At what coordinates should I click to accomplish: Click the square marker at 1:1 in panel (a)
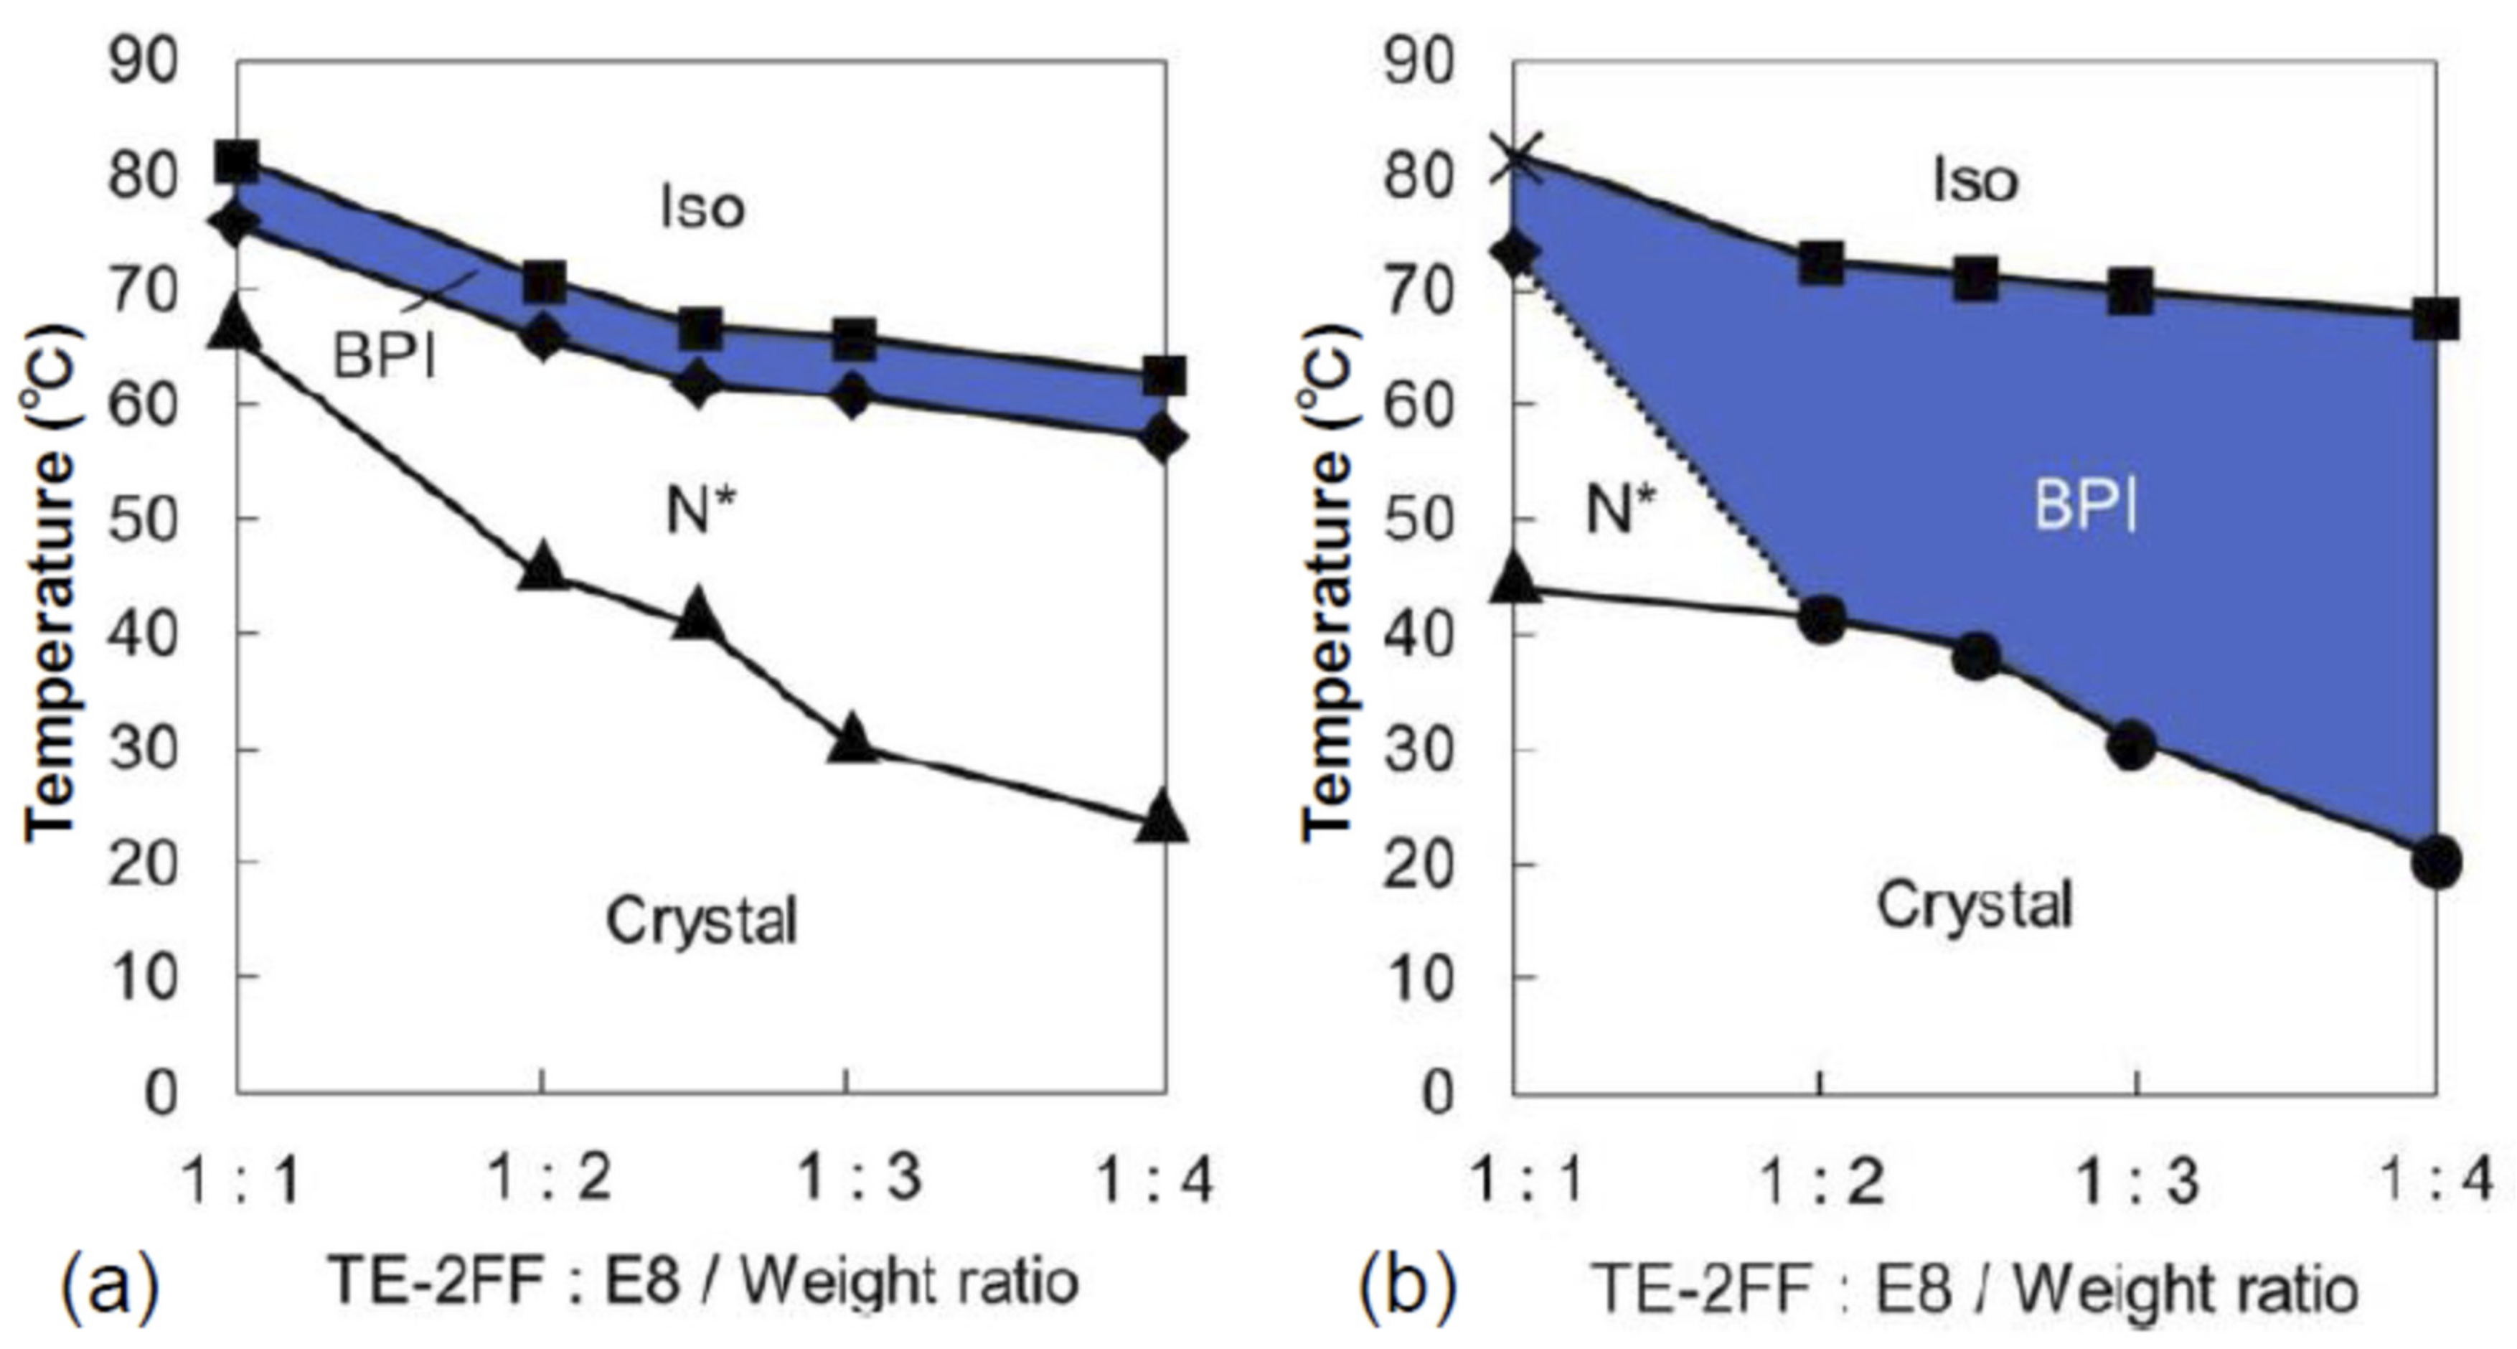[237, 161]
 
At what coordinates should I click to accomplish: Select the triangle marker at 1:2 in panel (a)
[543, 568]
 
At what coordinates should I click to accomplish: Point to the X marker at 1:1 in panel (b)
[1513, 159]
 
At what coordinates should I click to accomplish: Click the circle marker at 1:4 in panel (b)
[2435, 862]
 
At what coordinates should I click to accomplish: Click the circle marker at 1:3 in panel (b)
[2130, 747]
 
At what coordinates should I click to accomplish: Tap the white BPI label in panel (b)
[2085, 508]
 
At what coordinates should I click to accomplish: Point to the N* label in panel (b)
[1620, 508]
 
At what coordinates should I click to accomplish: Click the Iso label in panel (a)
[702, 207]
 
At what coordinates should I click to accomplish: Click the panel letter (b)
[1407, 1287]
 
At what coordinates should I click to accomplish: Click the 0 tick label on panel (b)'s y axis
[1436, 1091]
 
